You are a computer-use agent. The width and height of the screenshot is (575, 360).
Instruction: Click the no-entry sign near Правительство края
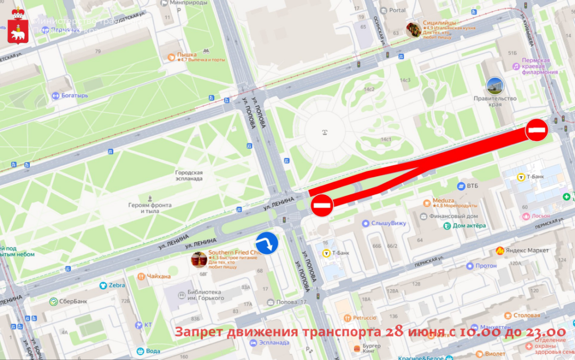[537, 130]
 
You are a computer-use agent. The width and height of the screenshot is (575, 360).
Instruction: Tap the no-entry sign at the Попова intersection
[322, 205]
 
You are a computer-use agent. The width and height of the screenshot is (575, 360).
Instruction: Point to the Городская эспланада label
[189, 176]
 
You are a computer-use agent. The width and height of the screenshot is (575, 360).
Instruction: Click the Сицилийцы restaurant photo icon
[413, 30]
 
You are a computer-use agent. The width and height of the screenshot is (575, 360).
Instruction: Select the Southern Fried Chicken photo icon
[199, 259]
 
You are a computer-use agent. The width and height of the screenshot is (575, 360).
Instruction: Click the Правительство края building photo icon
[495, 86]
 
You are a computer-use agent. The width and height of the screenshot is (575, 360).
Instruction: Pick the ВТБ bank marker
[462, 186]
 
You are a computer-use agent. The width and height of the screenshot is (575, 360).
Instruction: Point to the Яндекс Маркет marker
[500, 250]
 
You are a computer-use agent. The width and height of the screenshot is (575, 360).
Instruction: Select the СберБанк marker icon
[53, 301]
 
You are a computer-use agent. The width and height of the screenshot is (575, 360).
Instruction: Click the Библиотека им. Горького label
[204, 295]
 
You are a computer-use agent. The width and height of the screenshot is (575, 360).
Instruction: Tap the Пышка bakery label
[187, 54]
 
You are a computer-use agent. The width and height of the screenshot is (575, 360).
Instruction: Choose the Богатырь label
[74, 96]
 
